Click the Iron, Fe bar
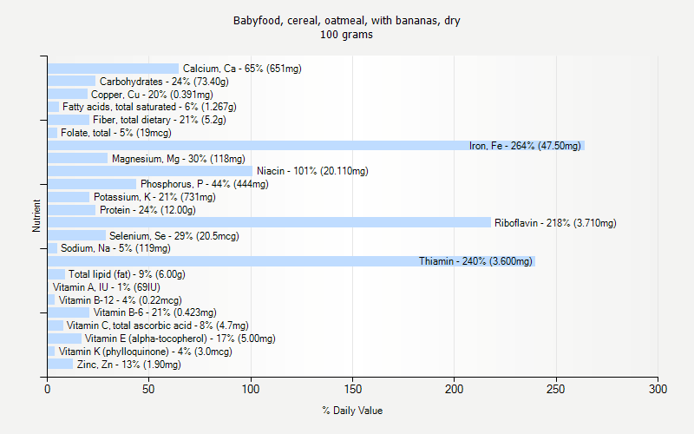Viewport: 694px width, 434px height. [316, 146]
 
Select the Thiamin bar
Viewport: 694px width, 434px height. [291, 261]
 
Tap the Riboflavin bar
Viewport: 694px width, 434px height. [269, 222]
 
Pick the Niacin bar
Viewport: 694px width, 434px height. [150, 171]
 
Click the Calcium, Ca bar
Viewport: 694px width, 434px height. [113, 69]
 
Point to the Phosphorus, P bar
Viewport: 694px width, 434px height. [92, 184]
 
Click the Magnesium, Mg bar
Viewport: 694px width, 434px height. [78, 158]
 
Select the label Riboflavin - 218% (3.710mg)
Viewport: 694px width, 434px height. [555, 223]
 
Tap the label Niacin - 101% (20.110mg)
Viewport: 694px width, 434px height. [312, 171]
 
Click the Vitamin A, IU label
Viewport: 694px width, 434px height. [106, 287]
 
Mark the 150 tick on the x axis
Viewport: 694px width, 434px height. [352, 377]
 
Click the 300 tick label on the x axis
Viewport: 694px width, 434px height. [658, 388]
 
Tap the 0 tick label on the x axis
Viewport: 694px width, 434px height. [48, 388]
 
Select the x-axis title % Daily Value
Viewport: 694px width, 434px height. [352, 411]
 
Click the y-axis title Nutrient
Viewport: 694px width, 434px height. [36, 216]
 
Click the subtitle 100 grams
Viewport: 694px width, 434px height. [346, 35]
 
